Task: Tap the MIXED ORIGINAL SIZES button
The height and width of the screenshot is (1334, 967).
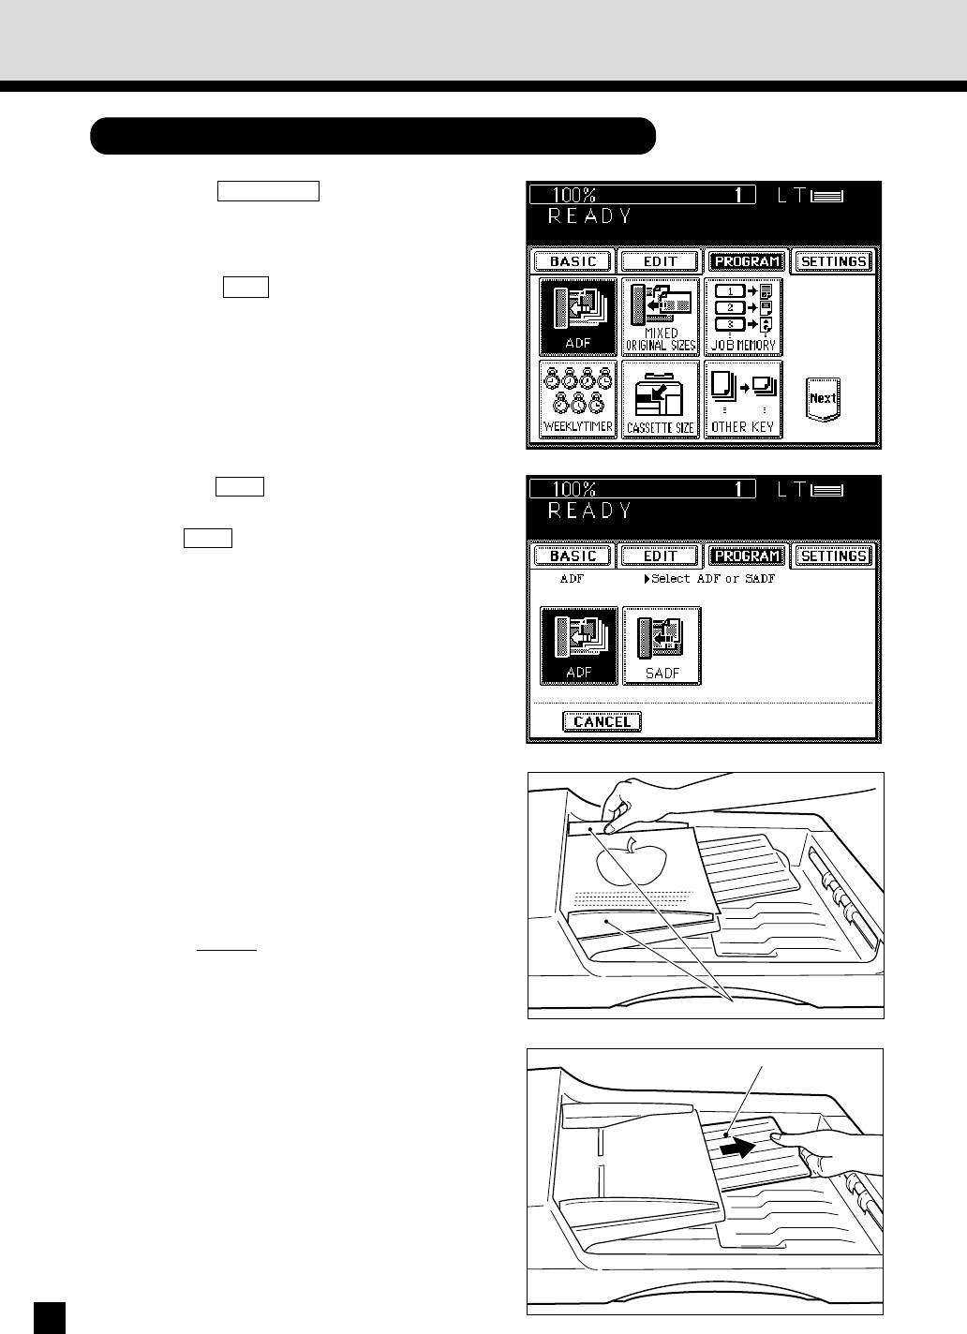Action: pyautogui.click(x=661, y=317)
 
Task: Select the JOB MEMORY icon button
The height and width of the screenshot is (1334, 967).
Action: pyautogui.click(x=743, y=317)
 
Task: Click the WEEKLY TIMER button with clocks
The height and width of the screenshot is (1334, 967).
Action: pyautogui.click(x=578, y=400)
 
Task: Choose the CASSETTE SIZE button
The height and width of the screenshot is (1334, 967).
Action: pyautogui.click(x=661, y=400)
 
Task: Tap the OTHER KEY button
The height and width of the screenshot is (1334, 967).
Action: pyautogui.click(x=743, y=400)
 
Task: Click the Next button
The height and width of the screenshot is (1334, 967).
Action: pyautogui.click(x=823, y=399)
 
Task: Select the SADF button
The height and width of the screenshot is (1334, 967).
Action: pyautogui.click(x=662, y=646)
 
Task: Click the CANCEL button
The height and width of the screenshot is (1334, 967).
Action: pyautogui.click(x=603, y=721)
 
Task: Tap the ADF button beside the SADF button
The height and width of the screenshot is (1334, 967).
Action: pyautogui.click(x=578, y=646)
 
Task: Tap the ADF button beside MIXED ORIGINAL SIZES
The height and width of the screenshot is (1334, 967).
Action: pyautogui.click(x=578, y=317)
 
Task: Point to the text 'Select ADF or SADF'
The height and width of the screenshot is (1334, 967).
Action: pyautogui.click(x=712, y=579)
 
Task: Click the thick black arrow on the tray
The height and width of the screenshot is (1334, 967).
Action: pyautogui.click(x=738, y=1147)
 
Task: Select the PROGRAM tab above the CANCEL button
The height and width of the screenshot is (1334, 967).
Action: pyautogui.click(x=747, y=556)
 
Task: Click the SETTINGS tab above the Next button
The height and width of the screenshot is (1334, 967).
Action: pyautogui.click(x=834, y=261)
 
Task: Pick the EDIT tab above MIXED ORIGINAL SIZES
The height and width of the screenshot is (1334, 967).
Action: pyautogui.click(x=661, y=261)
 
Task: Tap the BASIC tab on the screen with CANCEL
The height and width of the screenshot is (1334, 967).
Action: pyautogui.click(x=573, y=556)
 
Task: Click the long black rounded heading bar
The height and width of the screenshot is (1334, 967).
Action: pyautogui.click(x=373, y=136)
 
